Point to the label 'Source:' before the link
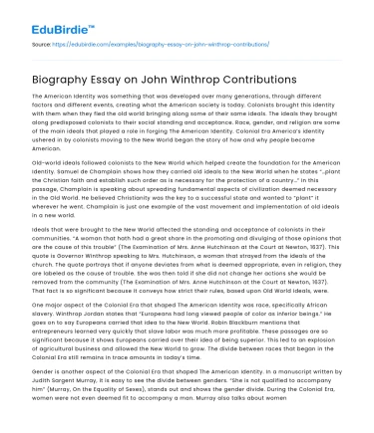click(x=43, y=44)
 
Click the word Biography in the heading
click(x=66, y=74)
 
